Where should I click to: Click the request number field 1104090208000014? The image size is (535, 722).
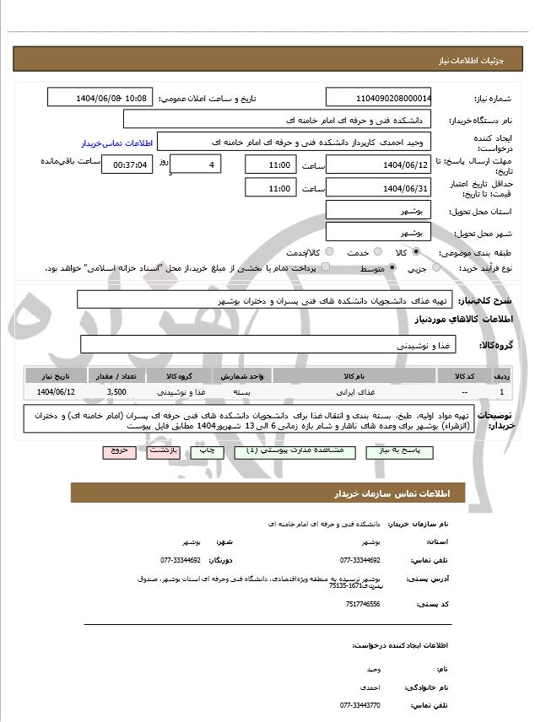pos(379,98)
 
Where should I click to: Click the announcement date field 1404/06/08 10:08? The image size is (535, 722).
pos(100,98)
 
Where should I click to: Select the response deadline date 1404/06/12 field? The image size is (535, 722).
pos(379,164)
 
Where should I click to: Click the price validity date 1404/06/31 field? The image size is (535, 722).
pos(379,188)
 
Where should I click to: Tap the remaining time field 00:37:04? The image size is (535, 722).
pos(127,164)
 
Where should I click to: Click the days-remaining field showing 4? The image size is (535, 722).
pos(196,164)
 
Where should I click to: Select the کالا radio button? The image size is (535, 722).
pos(416,252)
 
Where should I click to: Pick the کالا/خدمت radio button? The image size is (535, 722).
pos(328,252)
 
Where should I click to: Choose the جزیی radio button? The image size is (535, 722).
pos(436,268)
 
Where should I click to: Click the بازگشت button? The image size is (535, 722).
pos(161,452)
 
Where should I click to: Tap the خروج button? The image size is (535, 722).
pos(118,452)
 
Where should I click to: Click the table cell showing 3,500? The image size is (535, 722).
pos(116,392)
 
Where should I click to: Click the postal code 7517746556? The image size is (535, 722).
pos(363,604)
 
